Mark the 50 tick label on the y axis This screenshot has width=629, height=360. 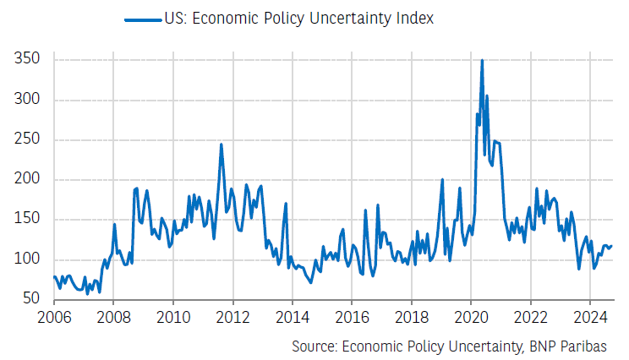[31, 298]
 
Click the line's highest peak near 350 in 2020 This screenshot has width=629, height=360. [482, 61]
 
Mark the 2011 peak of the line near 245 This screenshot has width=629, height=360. [221, 145]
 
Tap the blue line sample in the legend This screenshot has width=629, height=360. [141, 19]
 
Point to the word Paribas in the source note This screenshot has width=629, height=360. [596, 346]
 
